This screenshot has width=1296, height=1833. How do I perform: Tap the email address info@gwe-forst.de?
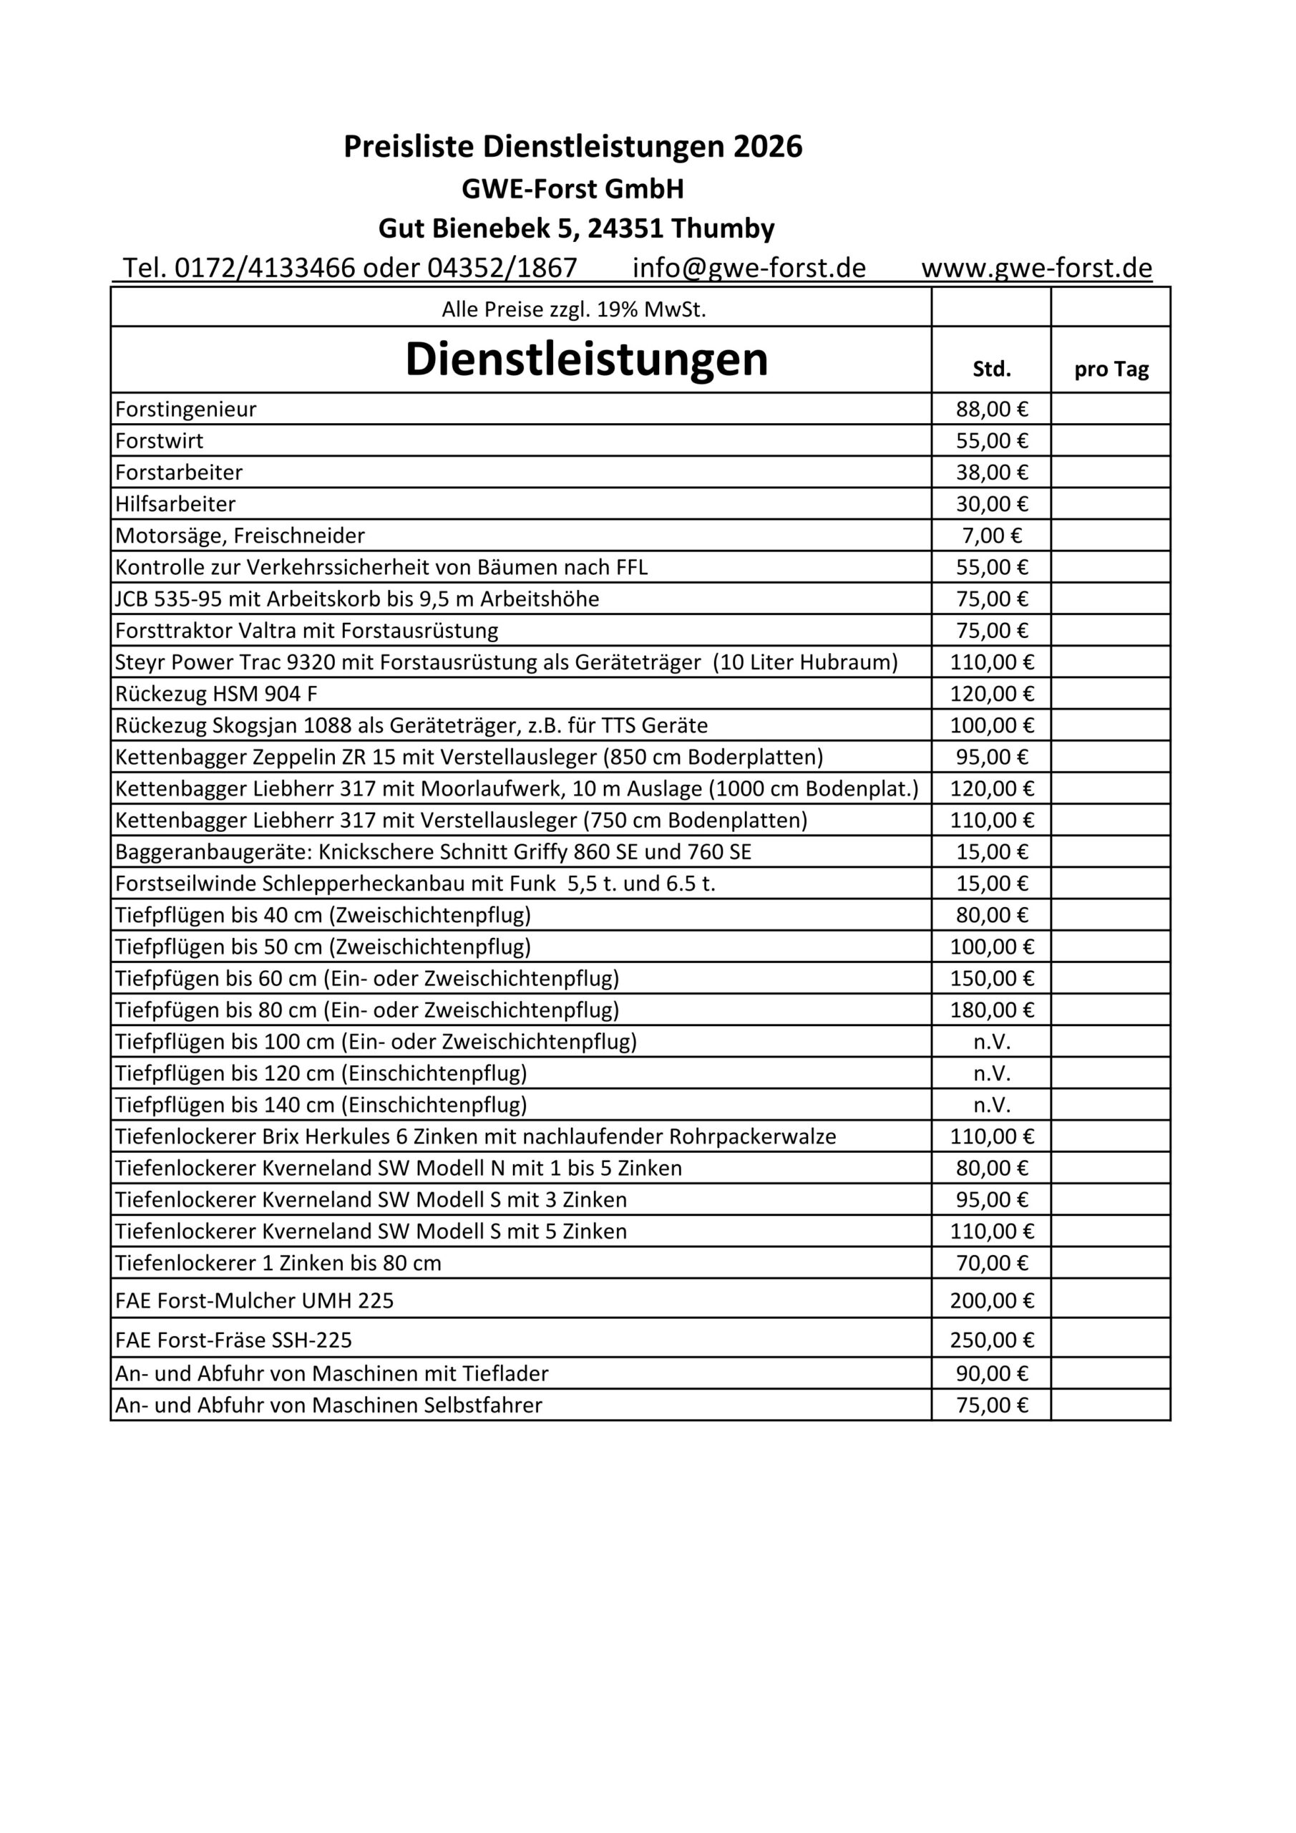tap(749, 269)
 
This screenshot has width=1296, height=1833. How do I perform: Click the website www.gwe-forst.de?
tap(1037, 269)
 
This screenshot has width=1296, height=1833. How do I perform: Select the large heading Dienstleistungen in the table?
tap(587, 360)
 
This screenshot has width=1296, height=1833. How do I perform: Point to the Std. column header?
tap(991, 369)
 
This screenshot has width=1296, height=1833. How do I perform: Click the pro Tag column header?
tap(1111, 369)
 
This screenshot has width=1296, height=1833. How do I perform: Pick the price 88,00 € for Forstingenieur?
tap(992, 410)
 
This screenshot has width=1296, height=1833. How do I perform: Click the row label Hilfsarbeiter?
tap(175, 505)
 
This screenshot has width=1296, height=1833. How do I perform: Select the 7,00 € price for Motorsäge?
tap(992, 536)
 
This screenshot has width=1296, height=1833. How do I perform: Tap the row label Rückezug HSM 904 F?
tap(216, 694)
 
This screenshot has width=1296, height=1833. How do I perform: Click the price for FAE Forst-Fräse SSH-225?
tap(992, 1340)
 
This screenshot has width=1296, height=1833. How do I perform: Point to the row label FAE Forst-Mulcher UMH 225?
tap(255, 1301)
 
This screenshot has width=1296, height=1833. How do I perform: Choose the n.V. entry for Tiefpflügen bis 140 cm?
tap(992, 1105)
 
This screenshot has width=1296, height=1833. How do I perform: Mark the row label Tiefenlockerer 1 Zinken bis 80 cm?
tap(278, 1263)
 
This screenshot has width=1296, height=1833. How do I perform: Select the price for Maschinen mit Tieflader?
tap(992, 1374)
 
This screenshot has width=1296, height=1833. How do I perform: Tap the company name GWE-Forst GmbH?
tap(573, 189)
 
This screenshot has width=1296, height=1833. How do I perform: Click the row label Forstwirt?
tap(160, 440)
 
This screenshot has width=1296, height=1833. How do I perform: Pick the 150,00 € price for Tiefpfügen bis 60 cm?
tap(992, 979)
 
